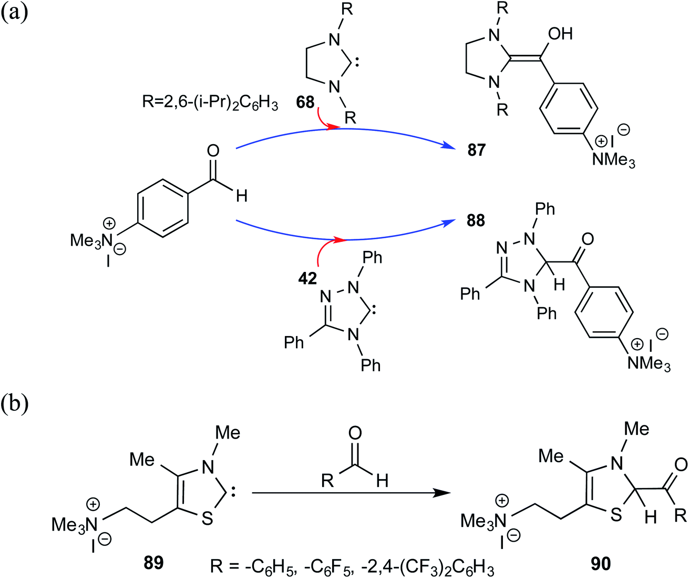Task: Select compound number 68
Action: [305, 102]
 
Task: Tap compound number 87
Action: [476, 150]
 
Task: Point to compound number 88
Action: [476, 220]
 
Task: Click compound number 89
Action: [153, 562]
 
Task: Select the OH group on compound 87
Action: [560, 34]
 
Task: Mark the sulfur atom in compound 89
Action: [208, 518]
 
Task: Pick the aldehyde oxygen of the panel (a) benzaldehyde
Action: [213, 151]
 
